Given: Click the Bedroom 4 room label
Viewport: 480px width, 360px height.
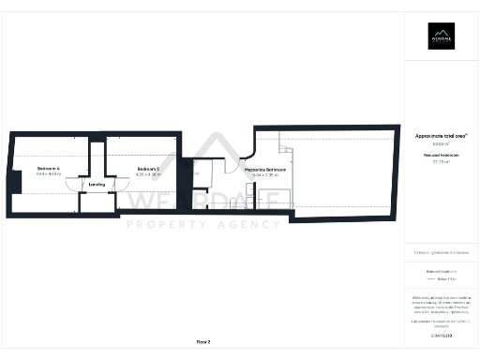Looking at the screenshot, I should (x=49, y=168).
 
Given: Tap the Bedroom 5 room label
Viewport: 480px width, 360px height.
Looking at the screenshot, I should (x=148, y=169).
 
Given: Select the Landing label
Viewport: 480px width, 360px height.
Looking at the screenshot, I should (x=97, y=185).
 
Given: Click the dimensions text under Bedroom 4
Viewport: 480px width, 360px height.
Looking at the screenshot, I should (x=49, y=174).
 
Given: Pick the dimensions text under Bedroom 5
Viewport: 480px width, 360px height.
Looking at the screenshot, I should (x=148, y=175).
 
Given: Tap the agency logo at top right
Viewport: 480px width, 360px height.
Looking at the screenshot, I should (x=441, y=36).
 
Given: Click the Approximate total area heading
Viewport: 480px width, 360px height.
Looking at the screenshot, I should (x=441, y=137).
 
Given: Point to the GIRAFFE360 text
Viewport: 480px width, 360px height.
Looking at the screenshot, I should (x=441, y=335).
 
